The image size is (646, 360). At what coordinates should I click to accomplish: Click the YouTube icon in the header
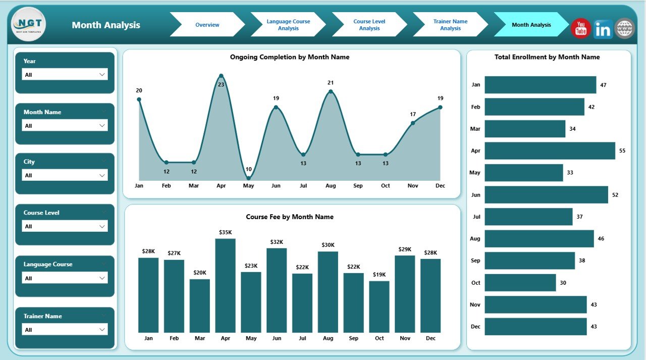click(581, 28)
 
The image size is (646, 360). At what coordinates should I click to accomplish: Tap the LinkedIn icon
click(603, 29)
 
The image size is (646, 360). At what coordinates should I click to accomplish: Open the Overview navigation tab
click(207, 25)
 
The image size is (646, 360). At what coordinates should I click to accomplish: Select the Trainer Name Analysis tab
click(450, 25)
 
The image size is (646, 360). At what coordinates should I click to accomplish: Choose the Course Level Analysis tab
click(369, 25)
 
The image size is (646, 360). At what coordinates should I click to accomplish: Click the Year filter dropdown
click(65, 75)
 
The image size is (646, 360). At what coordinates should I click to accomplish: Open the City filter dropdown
click(65, 175)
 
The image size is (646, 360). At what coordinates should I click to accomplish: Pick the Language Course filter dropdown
click(65, 278)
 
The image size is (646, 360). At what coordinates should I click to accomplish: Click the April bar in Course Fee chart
click(225, 285)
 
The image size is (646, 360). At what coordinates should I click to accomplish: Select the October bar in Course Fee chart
click(379, 306)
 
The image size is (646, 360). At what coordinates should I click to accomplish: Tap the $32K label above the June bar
click(277, 242)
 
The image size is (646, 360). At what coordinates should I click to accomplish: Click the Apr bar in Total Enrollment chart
click(550, 150)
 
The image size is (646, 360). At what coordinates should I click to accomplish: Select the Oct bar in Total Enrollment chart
click(520, 283)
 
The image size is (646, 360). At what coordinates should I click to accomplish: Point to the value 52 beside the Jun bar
click(615, 195)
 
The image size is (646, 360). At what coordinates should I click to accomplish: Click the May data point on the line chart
click(248, 178)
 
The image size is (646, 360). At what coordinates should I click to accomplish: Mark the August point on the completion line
click(331, 91)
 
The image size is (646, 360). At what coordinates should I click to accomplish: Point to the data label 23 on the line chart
click(221, 84)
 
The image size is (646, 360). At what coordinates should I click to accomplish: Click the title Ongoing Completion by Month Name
click(290, 57)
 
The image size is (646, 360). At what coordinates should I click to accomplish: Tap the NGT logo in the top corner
click(28, 24)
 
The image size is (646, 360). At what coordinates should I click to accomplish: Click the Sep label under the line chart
click(358, 186)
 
